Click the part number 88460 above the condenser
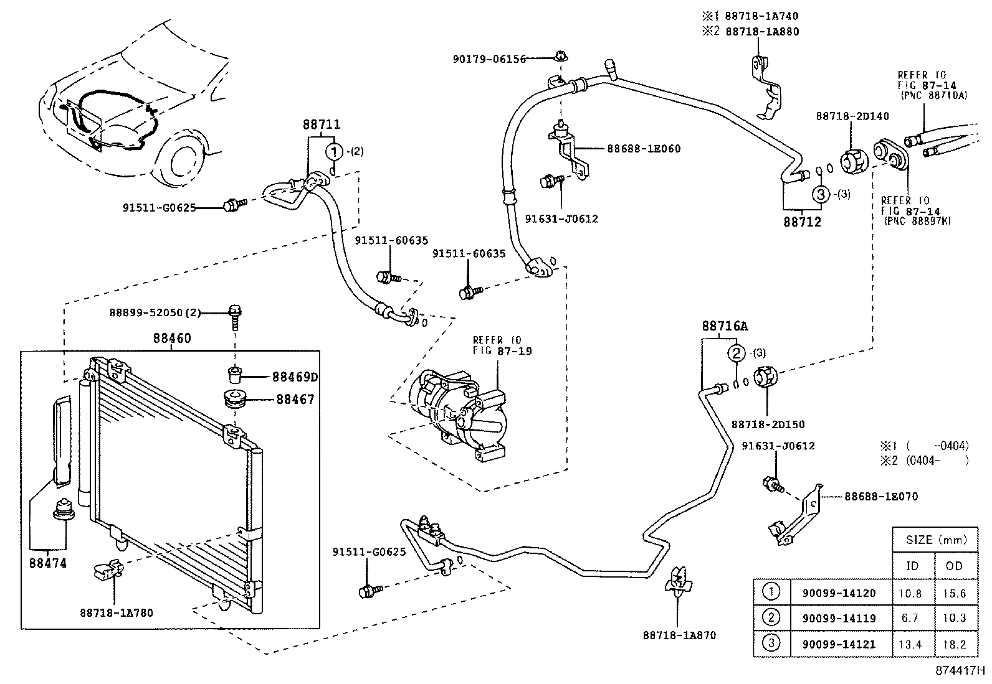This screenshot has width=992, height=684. tap(172, 339)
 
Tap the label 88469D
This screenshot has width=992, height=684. tap(295, 377)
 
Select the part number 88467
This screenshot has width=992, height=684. tap(295, 400)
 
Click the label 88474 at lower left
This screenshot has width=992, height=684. tap(47, 563)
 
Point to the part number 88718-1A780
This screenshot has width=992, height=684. tap(116, 612)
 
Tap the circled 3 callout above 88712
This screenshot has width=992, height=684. tap(821, 194)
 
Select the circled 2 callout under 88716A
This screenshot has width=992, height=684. tap(737, 354)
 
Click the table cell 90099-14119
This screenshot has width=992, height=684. tap(838, 618)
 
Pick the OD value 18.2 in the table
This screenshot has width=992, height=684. tap(954, 644)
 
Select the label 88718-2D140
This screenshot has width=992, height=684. tap(852, 116)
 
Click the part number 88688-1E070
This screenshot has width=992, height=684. tap(881, 496)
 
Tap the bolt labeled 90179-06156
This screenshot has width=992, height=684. tap(560, 58)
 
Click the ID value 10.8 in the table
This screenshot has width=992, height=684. tap(910, 593)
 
